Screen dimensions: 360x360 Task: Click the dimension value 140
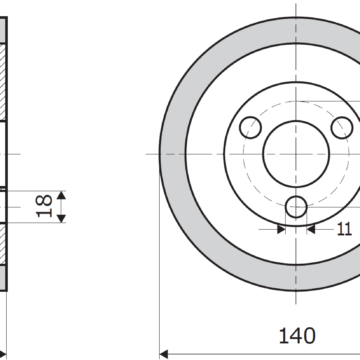point(297,336)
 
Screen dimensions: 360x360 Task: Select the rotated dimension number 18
point(44,206)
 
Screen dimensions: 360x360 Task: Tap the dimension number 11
point(344,229)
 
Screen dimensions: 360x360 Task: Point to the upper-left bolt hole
point(250,128)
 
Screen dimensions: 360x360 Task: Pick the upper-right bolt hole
point(342,128)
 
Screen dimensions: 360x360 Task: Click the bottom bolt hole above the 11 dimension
point(296,207)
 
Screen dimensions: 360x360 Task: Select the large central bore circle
point(296,154)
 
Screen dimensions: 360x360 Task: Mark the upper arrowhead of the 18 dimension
point(61,195)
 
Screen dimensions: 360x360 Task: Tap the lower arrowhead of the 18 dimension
point(61,219)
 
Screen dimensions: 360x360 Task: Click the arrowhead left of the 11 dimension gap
point(281,229)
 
